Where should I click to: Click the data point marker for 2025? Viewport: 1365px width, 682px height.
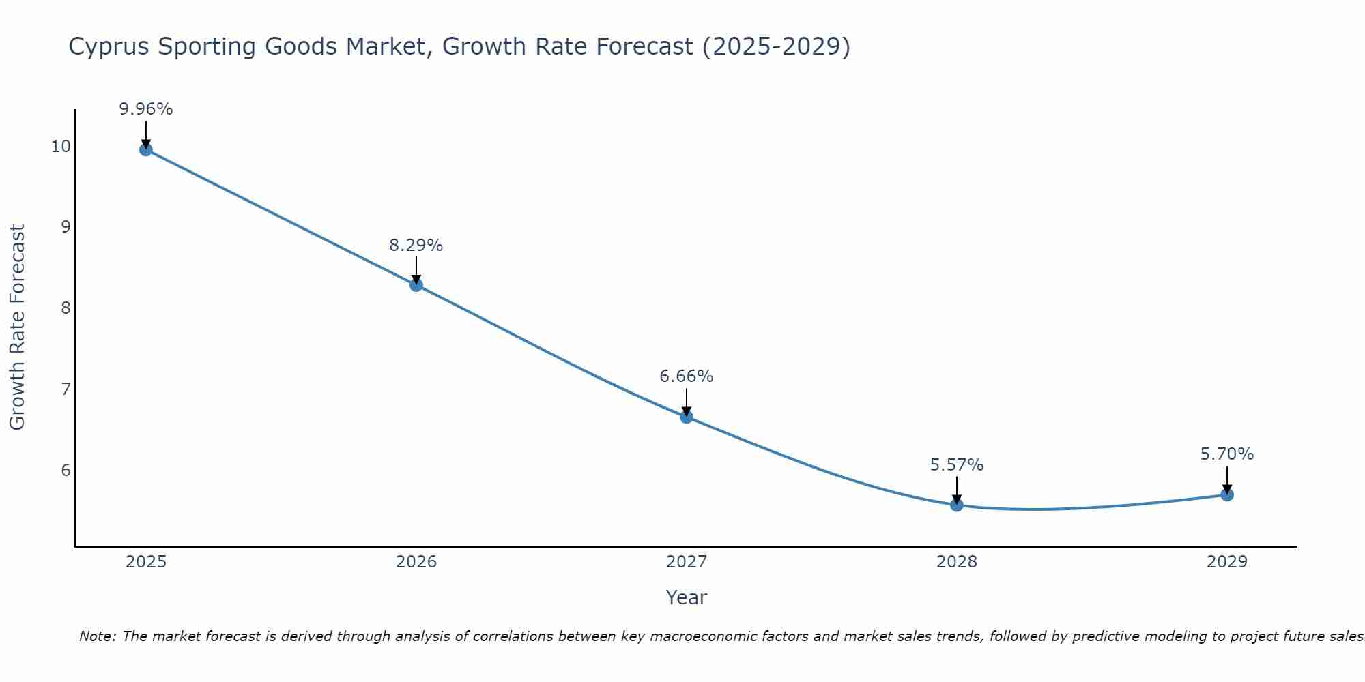click(145, 149)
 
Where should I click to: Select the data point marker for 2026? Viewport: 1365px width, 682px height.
click(416, 285)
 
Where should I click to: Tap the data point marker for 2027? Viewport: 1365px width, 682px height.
click(687, 417)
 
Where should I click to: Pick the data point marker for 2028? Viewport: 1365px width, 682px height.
click(957, 505)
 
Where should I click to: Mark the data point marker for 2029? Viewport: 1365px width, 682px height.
click(1227, 494)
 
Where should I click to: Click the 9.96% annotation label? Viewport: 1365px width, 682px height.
click(146, 109)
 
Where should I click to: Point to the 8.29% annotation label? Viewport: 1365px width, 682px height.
click(416, 246)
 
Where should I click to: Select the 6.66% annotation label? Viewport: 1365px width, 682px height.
click(687, 376)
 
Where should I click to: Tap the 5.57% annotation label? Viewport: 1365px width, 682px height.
click(957, 465)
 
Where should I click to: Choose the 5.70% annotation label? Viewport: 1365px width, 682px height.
click(1227, 454)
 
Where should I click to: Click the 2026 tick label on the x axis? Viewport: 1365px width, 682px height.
click(416, 562)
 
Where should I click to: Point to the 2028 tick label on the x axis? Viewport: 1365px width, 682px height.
click(957, 562)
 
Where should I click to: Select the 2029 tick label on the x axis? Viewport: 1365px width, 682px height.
click(1227, 562)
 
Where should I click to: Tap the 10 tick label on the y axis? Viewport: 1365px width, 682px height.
click(61, 147)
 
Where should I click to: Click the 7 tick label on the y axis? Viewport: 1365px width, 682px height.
click(66, 389)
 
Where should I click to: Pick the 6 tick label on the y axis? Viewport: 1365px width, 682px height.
click(66, 471)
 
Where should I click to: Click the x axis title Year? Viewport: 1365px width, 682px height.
click(687, 597)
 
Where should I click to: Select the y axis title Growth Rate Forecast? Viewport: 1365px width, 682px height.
click(18, 327)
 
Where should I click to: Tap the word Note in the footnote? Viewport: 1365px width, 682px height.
click(97, 636)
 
